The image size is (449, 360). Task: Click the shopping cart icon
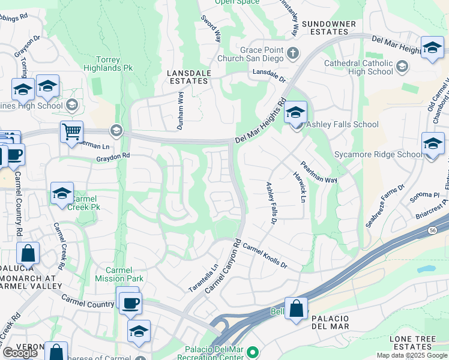(x=71, y=131)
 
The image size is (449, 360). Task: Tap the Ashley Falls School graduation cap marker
(x=295, y=112)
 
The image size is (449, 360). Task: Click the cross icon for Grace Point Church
(x=292, y=53)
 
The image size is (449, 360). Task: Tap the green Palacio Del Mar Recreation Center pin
(x=253, y=352)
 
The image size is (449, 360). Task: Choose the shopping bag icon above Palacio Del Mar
(x=296, y=309)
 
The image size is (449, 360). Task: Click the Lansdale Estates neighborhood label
(x=189, y=76)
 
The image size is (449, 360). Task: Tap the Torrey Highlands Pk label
(x=115, y=64)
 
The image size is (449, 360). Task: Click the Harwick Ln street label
(x=300, y=187)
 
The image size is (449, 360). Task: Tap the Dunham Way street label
(x=179, y=112)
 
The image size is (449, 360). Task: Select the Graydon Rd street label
(x=113, y=156)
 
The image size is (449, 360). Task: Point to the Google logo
(x=20, y=353)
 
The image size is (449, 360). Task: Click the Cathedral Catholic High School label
(x=358, y=67)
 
